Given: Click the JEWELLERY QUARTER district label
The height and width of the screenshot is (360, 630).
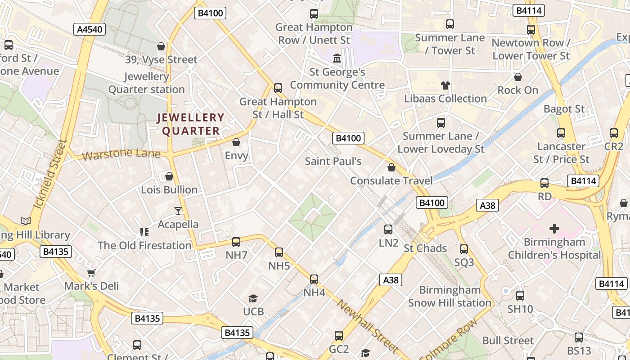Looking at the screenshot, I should [x=190, y=124].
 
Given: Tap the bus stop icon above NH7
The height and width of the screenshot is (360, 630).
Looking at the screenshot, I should [x=236, y=242].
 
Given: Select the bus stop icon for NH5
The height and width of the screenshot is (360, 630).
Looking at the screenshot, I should [x=279, y=252].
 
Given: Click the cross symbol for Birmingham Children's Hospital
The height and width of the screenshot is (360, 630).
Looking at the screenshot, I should [x=554, y=229].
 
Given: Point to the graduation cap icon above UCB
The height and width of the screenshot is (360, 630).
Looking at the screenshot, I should [x=253, y=298].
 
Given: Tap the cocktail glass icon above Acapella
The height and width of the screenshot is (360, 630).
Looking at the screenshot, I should [x=178, y=211].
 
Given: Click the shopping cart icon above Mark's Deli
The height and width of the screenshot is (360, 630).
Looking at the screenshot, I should [x=91, y=273].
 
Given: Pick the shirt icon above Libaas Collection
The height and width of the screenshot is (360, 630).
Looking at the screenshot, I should [x=445, y=85].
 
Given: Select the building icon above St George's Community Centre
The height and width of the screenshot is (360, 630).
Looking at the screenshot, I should [x=337, y=58].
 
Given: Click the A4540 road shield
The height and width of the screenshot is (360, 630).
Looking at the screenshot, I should [x=90, y=30].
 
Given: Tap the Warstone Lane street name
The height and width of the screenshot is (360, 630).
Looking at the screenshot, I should [x=122, y=154].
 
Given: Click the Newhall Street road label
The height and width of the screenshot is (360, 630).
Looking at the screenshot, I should [x=368, y=326].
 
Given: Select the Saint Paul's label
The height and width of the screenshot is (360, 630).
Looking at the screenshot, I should [x=333, y=161].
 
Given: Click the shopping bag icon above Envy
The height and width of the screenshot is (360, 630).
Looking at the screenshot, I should [x=236, y=143].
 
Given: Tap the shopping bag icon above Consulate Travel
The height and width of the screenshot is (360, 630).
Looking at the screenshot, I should [x=391, y=167].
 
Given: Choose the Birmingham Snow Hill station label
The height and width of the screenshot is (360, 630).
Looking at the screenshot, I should [x=450, y=296].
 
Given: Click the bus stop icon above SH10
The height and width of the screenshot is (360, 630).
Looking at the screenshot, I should [x=520, y=296].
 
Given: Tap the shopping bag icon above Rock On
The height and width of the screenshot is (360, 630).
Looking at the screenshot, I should [x=518, y=77].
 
